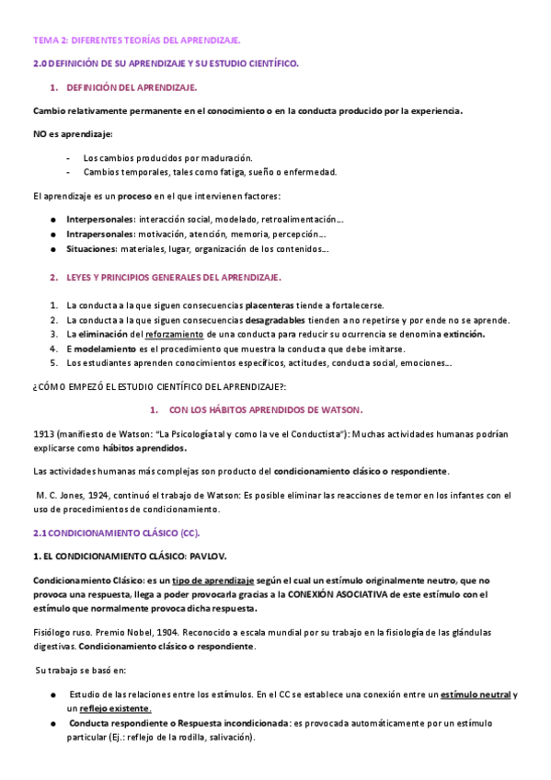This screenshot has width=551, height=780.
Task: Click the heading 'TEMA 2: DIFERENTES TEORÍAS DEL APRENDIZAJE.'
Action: pos(137,40)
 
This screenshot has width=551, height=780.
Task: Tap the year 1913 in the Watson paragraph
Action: pos(43,433)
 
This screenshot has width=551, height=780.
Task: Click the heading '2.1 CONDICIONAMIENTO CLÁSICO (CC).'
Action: pos(115,533)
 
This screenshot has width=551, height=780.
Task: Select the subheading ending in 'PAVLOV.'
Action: pos(129,557)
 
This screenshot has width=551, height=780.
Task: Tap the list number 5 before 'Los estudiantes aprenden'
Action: pos(53,363)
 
